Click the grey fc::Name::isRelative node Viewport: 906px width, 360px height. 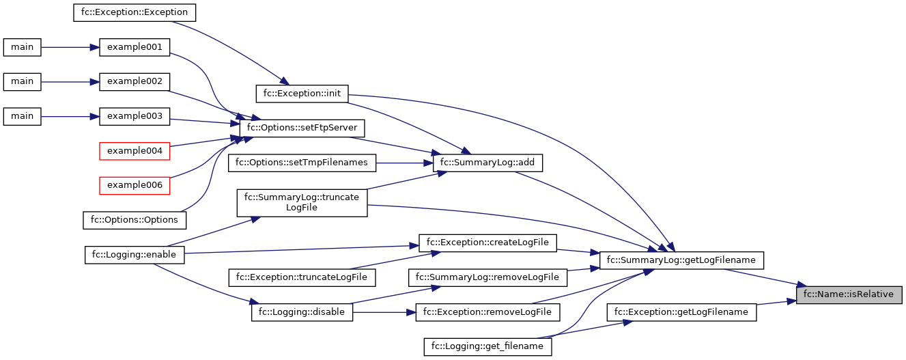pos(849,294)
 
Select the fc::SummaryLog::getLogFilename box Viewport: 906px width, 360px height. pos(680,260)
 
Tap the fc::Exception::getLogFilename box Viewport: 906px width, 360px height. pos(681,312)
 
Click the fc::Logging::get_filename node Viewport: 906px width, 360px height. pos(487,346)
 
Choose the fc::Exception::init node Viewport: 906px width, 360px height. pos(302,93)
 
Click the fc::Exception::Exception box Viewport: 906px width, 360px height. pos(135,12)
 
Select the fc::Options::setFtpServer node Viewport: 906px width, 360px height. pos(302,128)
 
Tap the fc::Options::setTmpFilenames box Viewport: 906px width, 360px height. pos(302,163)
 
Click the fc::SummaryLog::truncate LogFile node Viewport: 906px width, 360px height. pos(302,202)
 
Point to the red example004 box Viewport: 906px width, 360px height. pos(135,150)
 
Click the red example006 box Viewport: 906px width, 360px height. pos(135,185)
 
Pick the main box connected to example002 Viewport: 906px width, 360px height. pos(22,81)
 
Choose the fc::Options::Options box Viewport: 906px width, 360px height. pos(135,220)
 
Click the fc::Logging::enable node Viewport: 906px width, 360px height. pos(135,255)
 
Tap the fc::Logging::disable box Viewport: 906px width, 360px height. pos(302,312)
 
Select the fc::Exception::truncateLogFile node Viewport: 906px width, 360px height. pos(302,277)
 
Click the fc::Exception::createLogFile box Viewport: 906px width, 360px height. pos(487,243)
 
